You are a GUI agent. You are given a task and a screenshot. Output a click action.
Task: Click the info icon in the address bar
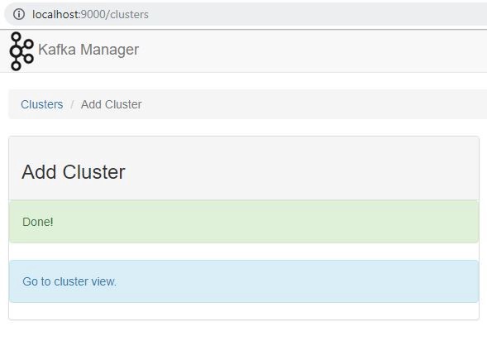19,14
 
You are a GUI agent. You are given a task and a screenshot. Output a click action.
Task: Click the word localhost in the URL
55,14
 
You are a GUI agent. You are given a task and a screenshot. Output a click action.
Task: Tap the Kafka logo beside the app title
21,51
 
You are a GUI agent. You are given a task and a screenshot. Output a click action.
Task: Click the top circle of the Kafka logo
17,37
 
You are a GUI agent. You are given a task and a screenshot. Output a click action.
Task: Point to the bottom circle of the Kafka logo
16,65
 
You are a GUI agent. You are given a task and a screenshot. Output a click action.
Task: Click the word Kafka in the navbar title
57,50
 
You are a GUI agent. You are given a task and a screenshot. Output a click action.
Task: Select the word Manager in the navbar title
109,50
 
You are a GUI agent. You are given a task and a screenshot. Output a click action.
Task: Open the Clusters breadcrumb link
42,104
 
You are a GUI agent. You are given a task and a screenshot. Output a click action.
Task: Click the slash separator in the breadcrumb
72,104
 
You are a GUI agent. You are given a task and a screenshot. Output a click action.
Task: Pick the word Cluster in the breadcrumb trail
123,104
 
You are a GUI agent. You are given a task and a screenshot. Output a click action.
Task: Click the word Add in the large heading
39,171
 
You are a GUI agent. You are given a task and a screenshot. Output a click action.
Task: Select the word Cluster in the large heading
93,171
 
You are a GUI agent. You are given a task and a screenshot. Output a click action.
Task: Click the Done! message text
38,222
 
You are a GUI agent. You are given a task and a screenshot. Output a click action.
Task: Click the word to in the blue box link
46,281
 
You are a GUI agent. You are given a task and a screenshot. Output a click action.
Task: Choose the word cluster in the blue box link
71,281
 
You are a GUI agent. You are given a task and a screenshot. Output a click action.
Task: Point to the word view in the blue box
103,281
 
